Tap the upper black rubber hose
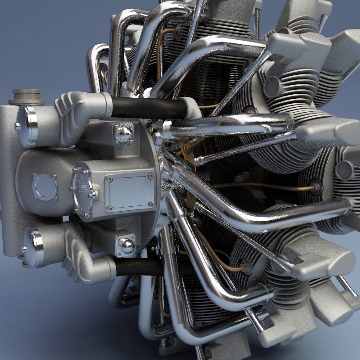coord(148,108)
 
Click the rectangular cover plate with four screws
coord(129,192)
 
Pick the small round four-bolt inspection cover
coord(44,187)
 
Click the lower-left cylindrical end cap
coord(33,247)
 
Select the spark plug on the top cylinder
coord(177,31)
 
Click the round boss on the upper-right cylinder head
coord(272,87)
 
